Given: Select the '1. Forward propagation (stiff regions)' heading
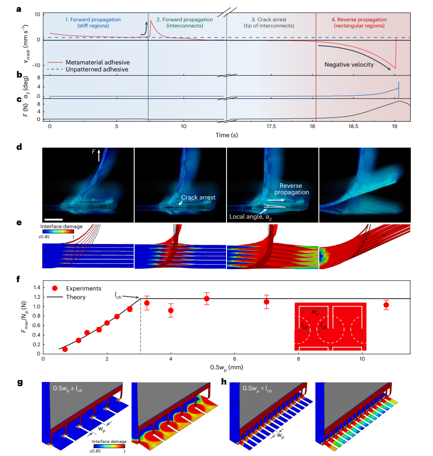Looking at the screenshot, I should [93, 23].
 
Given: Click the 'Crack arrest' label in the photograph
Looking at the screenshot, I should [198, 197].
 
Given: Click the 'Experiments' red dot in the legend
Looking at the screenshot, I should [54, 289].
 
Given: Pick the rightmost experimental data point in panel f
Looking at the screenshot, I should [386, 305].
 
